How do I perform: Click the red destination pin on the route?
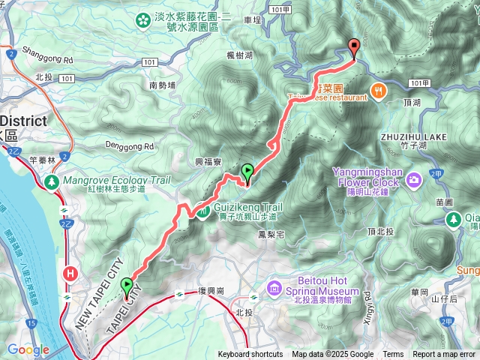tap(353, 48)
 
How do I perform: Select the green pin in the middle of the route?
tap(247, 172)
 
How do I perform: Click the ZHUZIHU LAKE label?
tap(413, 137)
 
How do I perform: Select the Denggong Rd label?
tap(128, 146)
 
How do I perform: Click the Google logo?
tap(28, 349)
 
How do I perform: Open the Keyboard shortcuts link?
tap(250, 355)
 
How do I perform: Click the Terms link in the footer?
tap(393, 355)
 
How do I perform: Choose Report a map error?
tap(445, 355)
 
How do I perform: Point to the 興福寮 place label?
tap(208, 162)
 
